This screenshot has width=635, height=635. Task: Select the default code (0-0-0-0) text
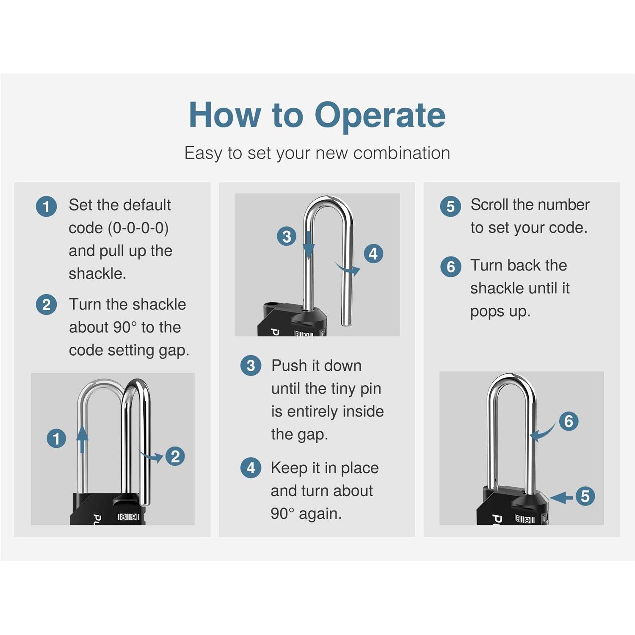(x=119, y=228)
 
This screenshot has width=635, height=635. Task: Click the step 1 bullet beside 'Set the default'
(x=47, y=207)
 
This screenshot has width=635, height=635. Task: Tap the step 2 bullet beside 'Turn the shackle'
(x=47, y=305)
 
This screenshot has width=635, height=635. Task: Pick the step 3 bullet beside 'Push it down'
(x=251, y=365)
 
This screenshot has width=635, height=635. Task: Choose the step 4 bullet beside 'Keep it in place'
(x=251, y=468)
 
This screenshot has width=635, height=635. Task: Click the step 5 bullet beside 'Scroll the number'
(x=450, y=207)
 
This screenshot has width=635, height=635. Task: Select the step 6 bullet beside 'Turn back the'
(x=450, y=267)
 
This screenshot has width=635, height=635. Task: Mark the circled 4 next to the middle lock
(x=373, y=254)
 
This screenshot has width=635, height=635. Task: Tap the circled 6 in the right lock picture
(x=569, y=421)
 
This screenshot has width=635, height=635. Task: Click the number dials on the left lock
(x=128, y=517)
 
